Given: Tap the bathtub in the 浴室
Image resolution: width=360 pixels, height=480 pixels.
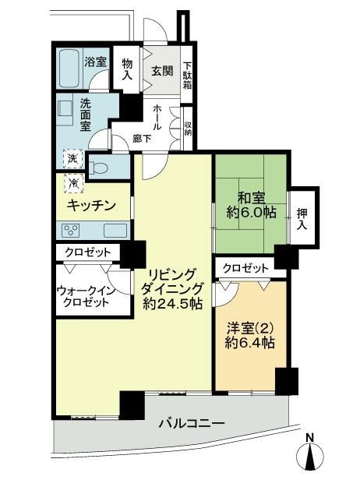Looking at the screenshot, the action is [70, 68].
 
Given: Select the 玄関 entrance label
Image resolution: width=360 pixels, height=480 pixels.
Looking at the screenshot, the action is [163, 72].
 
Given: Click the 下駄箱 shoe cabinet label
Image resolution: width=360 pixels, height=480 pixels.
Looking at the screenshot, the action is [187, 76].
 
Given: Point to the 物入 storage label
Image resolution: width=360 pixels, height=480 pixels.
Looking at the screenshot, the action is [127, 70].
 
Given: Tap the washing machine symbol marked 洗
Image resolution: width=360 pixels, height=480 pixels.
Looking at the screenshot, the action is [73, 159].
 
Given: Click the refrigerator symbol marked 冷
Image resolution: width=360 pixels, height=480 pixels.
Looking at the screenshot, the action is [74, 183].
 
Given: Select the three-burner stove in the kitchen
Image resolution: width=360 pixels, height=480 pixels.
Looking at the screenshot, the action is [71, 231].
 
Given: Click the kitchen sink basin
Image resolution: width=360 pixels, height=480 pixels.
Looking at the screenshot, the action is [115, 231].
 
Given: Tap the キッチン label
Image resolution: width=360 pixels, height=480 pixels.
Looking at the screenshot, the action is [91, 205].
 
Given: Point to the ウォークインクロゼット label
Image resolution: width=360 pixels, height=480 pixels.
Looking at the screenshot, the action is [86, 296].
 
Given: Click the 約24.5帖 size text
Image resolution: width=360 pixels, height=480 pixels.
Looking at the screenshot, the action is [173, 304].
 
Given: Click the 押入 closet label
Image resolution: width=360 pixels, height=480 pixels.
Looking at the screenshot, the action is [302, 219].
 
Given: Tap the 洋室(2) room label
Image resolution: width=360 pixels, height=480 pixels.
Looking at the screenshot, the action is [249, 329].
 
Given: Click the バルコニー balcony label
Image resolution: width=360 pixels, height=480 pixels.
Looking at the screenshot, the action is [192, 424].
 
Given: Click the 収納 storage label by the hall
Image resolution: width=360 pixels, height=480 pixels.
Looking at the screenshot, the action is [188, 129].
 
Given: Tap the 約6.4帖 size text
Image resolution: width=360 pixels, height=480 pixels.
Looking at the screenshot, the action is [249, 343].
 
